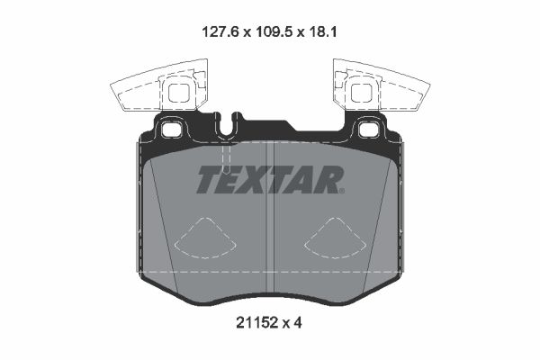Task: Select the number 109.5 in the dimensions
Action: point(268,30)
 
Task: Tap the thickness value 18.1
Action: point(321,30)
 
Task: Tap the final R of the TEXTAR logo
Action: point(329,180)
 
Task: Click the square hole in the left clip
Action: point(178,92)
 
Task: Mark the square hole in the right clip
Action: point(362,92)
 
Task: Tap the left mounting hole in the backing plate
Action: point(172,130)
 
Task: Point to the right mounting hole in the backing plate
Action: point(367,130)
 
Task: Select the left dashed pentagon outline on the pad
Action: point(204,239)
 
